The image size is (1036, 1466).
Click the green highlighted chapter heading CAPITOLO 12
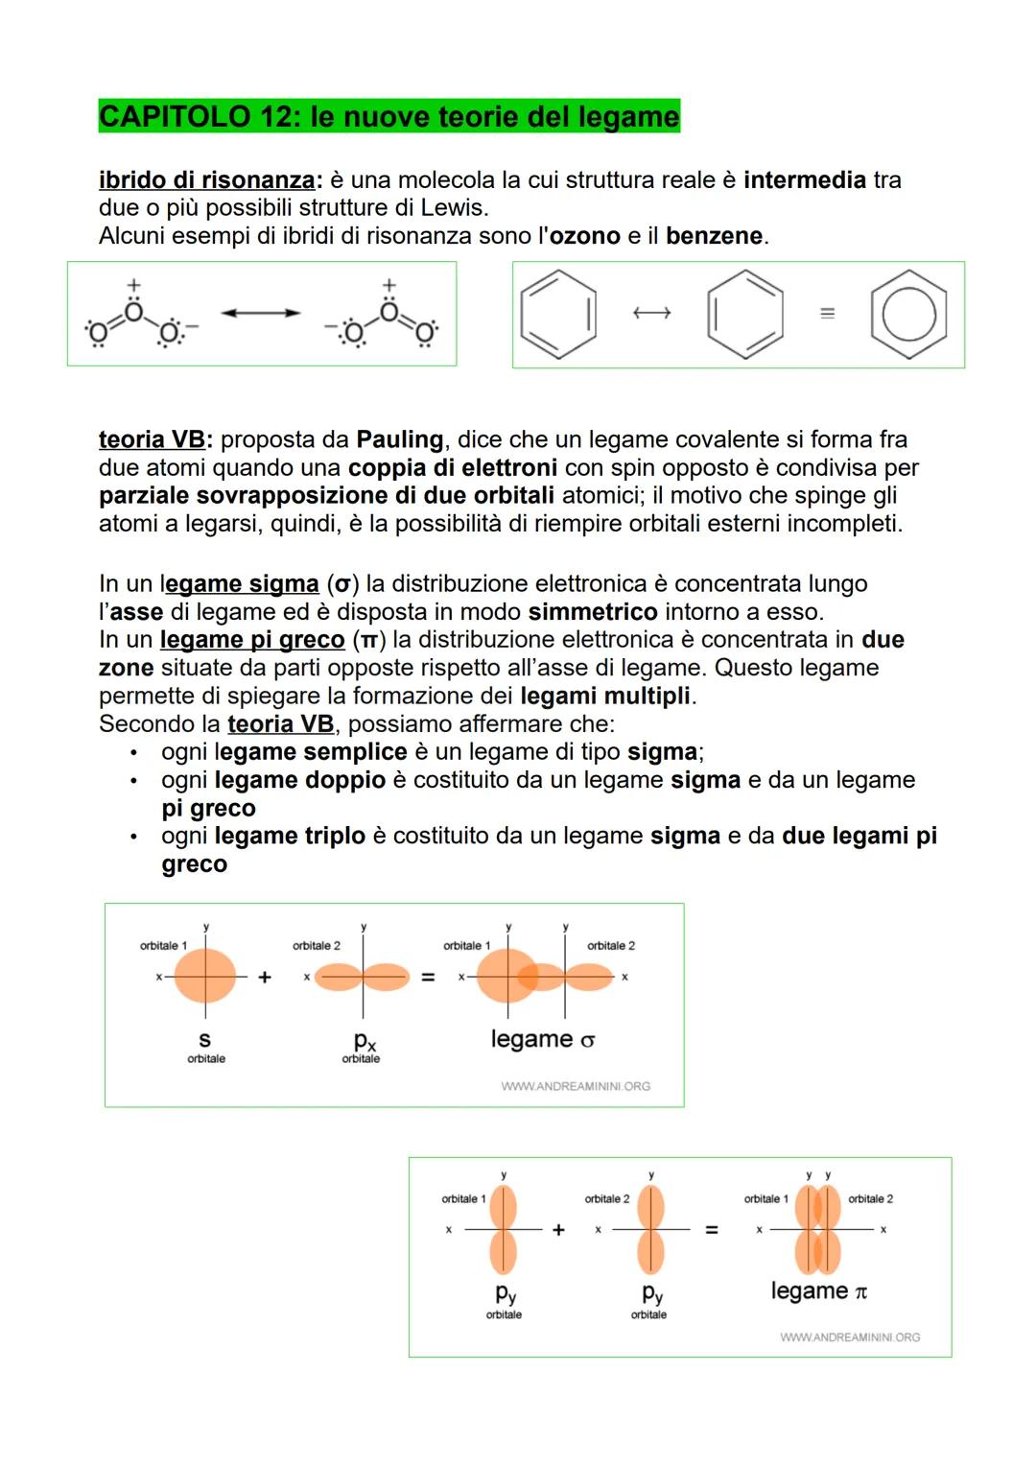point(388,116)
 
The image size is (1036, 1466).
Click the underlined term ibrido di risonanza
point(206,180)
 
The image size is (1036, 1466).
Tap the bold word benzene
point(714,236)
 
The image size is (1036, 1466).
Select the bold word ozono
point(584,236)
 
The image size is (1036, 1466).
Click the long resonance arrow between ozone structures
point(260,313)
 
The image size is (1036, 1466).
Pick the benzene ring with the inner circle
point(908,315)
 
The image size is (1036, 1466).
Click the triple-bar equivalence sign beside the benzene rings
point(827,314)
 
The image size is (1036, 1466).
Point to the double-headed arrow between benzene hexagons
point(651,313)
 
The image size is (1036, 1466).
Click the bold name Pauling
point(399,439)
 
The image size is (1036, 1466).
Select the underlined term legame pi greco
point(251,640)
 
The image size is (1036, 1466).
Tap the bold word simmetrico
point(592,612)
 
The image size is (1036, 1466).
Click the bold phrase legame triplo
point(290,836)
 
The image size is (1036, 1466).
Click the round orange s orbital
point(204,977)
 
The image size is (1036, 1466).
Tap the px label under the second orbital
point(364,1041)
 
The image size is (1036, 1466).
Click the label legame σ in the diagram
point(543,1039)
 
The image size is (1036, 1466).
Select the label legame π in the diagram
point(818,1291)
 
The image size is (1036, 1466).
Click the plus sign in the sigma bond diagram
point(265,977)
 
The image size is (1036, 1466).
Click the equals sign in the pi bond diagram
point(712,1229)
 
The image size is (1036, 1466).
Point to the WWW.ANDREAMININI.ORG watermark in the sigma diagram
point(575,1086)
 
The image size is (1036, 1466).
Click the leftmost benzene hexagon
point(558,315)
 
